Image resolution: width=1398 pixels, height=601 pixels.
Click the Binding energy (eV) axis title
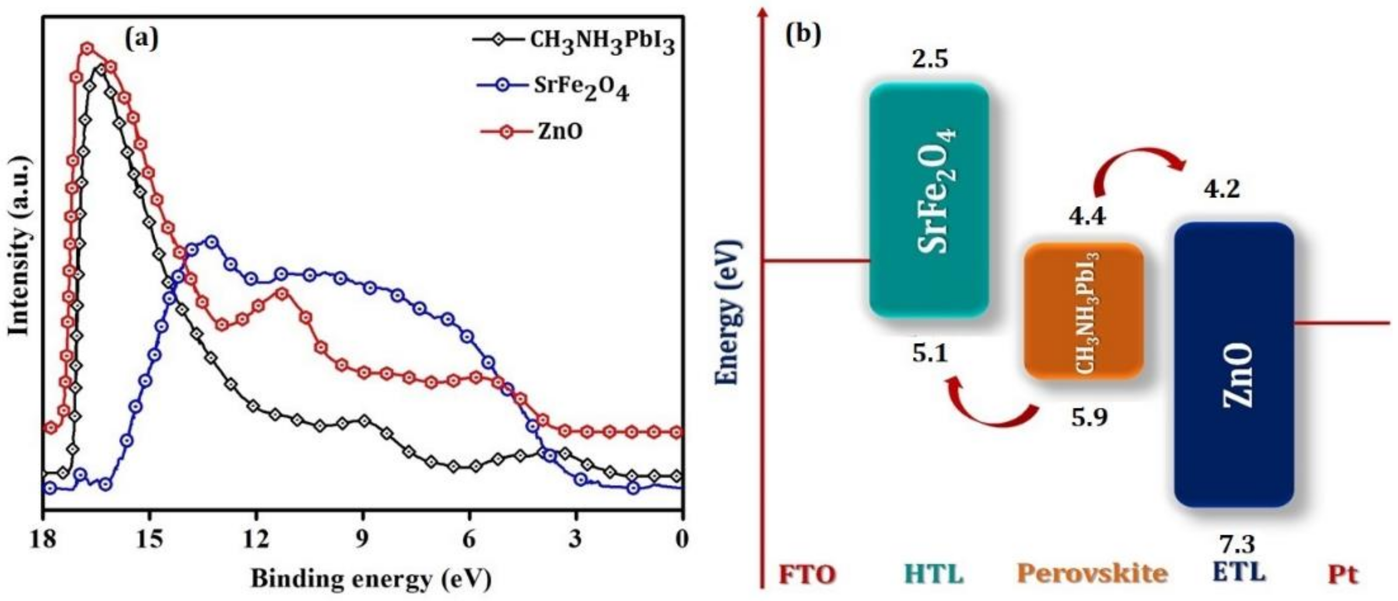click(371, 579)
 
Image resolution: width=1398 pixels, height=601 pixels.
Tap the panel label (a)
click(142, 39)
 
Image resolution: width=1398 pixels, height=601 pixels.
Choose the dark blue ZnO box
click(1233, 364)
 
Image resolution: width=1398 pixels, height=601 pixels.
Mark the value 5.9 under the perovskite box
click(1089, 418)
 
